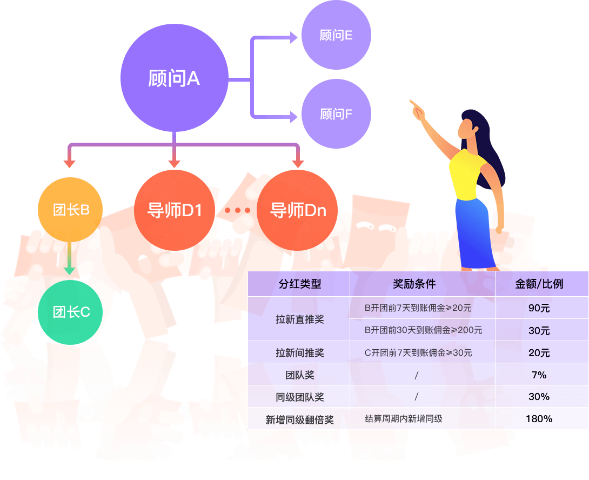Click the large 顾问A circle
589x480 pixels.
pyautogui.click(x=175, y=78)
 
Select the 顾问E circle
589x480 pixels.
pyautogui.click(x=336, y=35)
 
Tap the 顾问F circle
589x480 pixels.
pyautogui.click(x=336, y=114)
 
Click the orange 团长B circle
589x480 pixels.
pyautogui.click(x=70, y=210)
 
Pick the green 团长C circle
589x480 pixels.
pyautogui.click(x=70, y=312)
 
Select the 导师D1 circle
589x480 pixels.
pyautogui.click(x=175, y=210)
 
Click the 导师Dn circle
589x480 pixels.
pyautogui.click(x=297, y=210)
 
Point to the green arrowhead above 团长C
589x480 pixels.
pyautogui.click(x=70, y=271)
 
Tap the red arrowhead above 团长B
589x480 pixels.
pyautogui.click(x=70, y=164)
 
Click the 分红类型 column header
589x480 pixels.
pyautogui.click(x=299, y=284)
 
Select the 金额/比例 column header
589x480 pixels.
pyautogui.click(x=539, y=284)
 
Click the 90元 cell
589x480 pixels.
pyautogui.click(x=539, y=308)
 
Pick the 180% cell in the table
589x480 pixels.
pyautogui.click(x=539, y=419)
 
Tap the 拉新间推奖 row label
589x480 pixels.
pyautogui.click(x=299, y=352)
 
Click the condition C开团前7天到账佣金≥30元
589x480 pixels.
pyautogui.click(x=418, y=352)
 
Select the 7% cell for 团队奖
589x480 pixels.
pyautogui.click(x=539, y=375)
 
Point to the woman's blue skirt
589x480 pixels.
pyautogui.click(x=475, y=233)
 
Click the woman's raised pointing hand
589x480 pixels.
pyautogui.click(x=417, y=109)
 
